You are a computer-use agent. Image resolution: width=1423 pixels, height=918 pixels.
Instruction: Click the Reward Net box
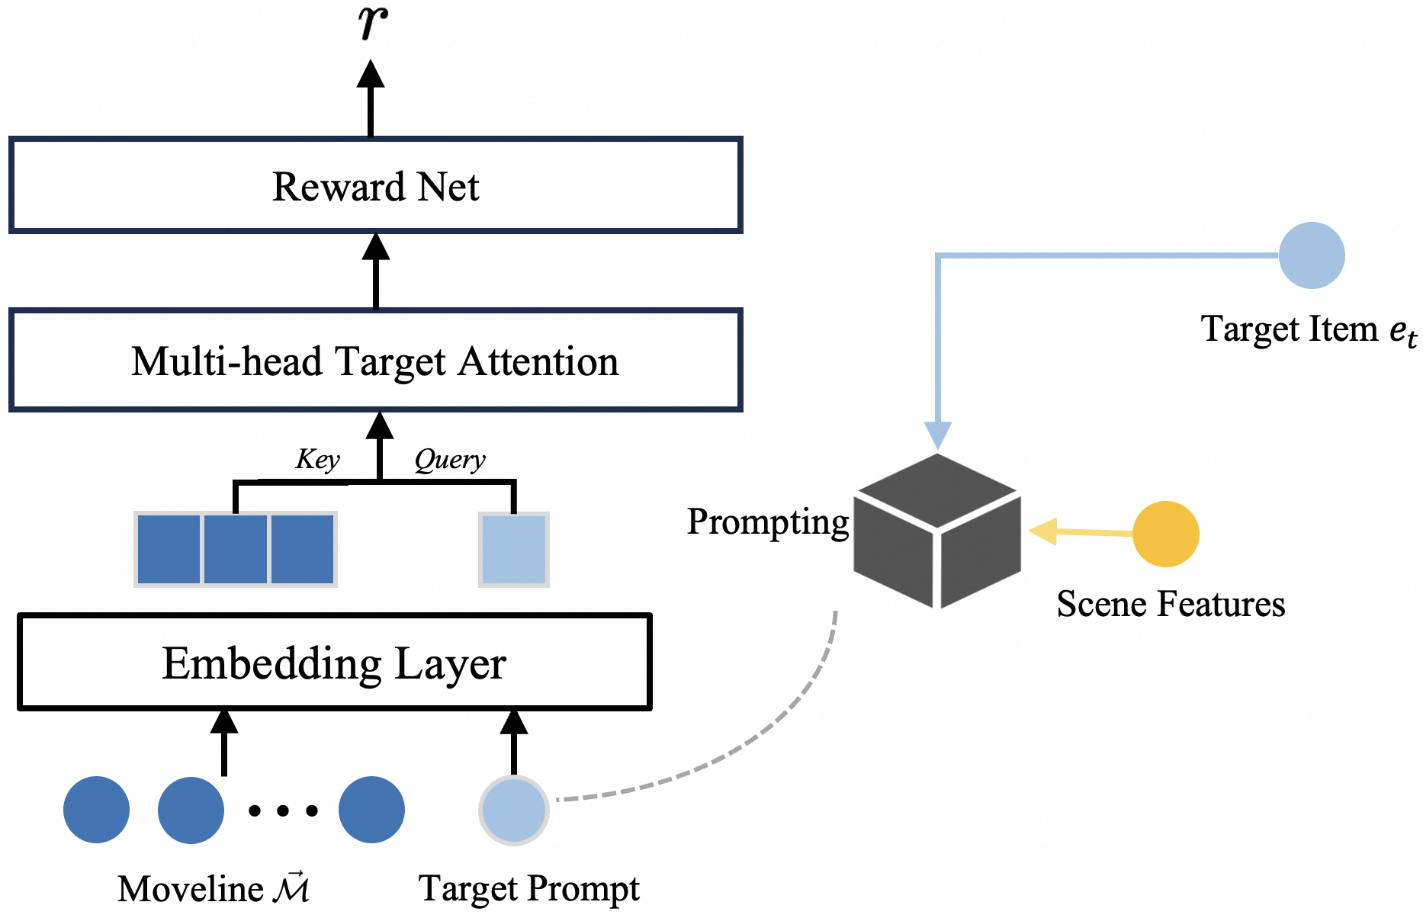click(375, 185)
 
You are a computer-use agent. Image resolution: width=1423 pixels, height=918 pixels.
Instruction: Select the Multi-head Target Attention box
click(375, 360)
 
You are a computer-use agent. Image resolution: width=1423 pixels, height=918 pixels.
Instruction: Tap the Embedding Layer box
click(334, 662)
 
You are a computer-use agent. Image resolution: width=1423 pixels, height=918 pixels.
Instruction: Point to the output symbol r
click(372, 23)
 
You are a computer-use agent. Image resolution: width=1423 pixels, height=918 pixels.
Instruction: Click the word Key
click(317, 459)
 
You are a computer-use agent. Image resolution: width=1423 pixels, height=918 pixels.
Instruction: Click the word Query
click(450, 459)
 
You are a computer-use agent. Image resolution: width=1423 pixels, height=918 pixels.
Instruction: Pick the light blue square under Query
click(513, 549)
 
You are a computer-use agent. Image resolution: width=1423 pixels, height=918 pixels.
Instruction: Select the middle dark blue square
click(236, 549)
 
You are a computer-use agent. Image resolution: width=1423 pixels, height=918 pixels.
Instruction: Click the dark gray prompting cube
click(937, 531)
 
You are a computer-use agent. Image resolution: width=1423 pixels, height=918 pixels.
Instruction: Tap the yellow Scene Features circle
click(1165, 534)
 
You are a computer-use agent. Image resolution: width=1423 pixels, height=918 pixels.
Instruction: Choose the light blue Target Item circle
click(1311, 255)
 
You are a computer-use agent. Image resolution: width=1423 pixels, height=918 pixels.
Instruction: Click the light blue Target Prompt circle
click(513, 810)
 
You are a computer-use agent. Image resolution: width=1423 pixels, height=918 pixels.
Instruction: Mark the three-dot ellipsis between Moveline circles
click(283, 810)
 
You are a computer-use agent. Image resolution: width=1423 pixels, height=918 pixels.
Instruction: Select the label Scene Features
click(1171, 604)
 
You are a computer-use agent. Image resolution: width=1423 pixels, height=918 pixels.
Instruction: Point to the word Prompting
click(768, 522)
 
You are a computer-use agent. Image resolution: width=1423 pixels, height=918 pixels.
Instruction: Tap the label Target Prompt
click(528, 889)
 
